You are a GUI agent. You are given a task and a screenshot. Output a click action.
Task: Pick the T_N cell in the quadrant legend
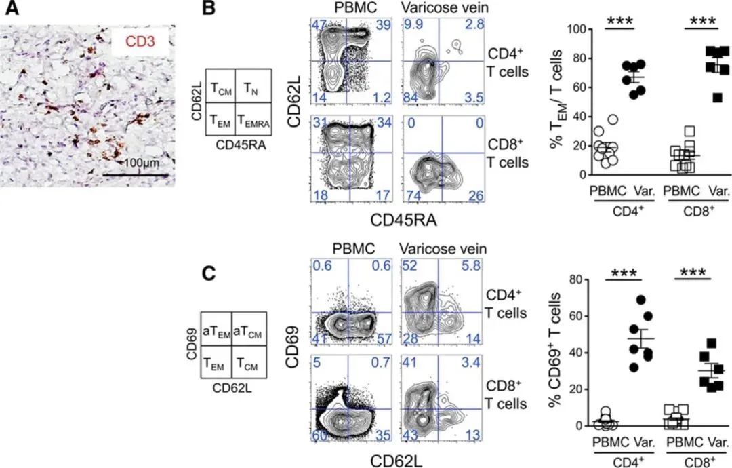(x=252, y=86)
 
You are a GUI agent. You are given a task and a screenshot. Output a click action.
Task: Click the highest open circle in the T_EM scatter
(x=613, y=119)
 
